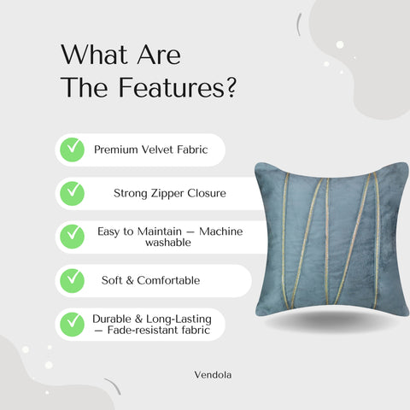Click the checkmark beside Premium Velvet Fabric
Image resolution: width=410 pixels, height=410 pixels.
tap(72, 149)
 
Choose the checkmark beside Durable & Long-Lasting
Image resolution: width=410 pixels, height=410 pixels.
tap(72, 324)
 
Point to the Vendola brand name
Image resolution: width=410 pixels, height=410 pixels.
tap(211, 373)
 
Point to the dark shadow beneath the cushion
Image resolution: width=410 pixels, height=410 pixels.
tap(329, 322)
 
